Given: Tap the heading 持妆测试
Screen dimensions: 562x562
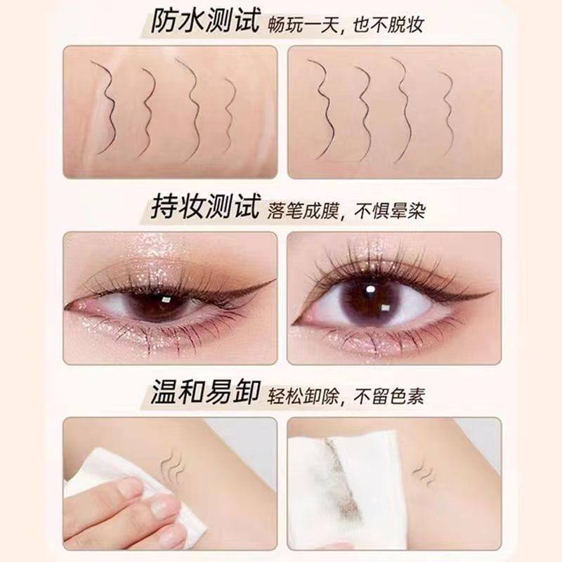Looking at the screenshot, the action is click(x=204, y=207).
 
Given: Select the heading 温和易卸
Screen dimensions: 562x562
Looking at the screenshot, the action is click(x=204, y=392).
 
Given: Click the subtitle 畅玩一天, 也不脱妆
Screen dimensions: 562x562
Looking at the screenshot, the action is click(x=346, y=25).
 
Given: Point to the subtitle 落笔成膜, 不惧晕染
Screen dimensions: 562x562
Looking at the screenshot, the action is click(x=346, y=210).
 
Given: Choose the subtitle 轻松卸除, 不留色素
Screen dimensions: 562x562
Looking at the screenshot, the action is click(x=346, y=396).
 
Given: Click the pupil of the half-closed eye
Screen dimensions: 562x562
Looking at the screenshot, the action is click(x=159, y=305).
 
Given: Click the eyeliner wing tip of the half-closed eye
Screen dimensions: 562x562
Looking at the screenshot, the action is click(x=275, y=280).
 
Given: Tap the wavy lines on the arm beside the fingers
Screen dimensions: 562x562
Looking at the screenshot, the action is click(x=172, y=465).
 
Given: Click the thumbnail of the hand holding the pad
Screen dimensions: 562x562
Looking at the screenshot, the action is click(x=164, y=507).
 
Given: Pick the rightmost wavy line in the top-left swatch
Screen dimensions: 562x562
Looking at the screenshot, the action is click(x=230, y=117).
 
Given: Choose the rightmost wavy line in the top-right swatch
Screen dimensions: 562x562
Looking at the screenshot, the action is click(x=447, y=114).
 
